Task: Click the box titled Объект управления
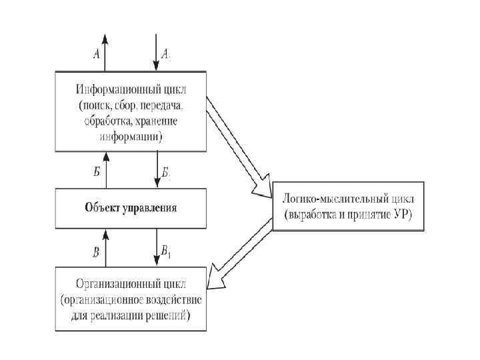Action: click(x=131, y=207)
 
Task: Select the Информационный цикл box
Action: click(x=131, y=113)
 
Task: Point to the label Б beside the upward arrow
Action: click(x=97, y=171)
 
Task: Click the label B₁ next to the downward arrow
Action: click(x=167, y=250)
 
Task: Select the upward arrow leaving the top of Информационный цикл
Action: click(x=105, y=53)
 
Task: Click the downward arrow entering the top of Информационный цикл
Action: click(x=157, y=53)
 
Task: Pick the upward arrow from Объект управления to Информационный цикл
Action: click(x=105, y=170)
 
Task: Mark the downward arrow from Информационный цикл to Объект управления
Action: click(x=157, y=170)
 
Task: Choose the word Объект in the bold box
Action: click(x=101, y=207)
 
